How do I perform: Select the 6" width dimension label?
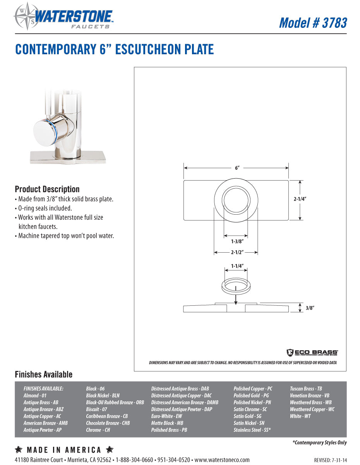(x=237, y=168)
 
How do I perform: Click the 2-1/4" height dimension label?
(x=300, y=199)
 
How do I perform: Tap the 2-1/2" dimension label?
(x=236, y=252)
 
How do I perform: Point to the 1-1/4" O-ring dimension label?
(x=236, y=266)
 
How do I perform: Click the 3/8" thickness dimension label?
(x=309, y=308)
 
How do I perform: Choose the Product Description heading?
(x=47, y=189)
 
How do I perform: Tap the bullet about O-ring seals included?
(x=45, y=208)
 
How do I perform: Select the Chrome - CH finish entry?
(x=98, y=430)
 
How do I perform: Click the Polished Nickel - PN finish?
(x=252, y=403)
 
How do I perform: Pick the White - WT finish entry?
(x=300, y=416)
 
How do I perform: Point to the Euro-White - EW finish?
(x=166, y=416)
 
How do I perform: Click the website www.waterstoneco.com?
(x=222, y=460)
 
